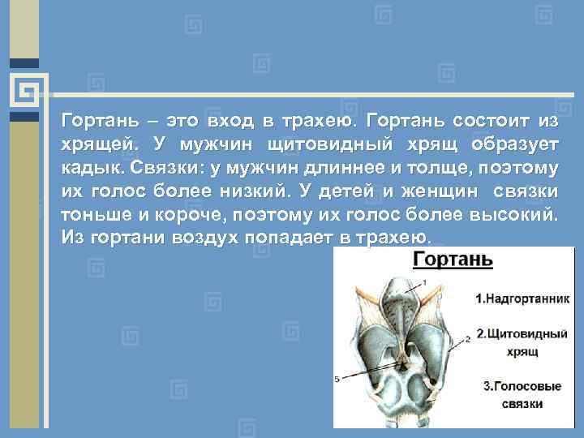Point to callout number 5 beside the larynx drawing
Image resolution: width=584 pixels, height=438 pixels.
click(337, 379)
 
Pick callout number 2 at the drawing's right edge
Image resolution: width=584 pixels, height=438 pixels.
click(468, 335)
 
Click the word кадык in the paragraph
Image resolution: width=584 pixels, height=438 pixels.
click(89, 168)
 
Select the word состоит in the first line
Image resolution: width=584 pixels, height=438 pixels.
click(485, 122)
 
